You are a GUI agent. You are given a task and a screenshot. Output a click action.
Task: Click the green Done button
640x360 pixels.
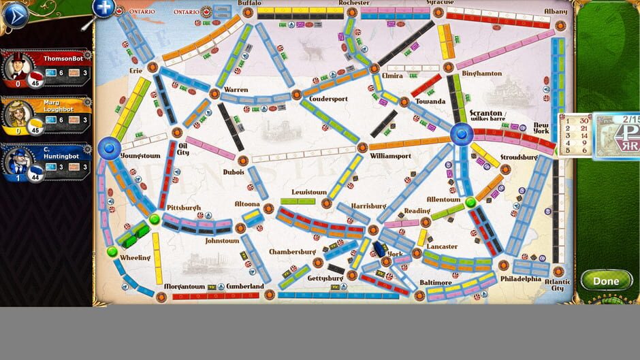tap(605, 280)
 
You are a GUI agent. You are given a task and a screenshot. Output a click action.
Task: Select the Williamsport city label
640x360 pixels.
tap(390, 156)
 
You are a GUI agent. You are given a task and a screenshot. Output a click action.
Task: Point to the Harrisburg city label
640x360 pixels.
tap(368, 206)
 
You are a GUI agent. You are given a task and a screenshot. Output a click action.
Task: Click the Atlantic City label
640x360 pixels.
tap(556, 284)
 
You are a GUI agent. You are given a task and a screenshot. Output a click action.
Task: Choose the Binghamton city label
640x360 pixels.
tap(481, 73)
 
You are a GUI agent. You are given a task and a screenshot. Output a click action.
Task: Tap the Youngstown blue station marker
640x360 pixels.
tap(109, 147)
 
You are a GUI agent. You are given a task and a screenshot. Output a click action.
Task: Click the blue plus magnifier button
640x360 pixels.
tap(103, 8)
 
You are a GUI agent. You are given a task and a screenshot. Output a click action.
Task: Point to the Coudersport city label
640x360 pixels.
tap(328, 99)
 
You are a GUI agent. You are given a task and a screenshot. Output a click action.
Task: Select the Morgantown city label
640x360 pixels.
tap(185, 287)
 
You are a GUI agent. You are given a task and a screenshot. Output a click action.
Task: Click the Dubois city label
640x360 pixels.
tap(233, 172)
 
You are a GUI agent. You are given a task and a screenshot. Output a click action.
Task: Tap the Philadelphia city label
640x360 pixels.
tap(521, 278)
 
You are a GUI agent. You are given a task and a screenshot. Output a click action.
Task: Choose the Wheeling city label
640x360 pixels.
tap(135, 258)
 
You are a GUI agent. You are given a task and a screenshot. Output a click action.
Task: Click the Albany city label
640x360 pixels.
tap(556, 12)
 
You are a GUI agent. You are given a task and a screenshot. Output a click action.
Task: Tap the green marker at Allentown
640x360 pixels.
tap(470, 202)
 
